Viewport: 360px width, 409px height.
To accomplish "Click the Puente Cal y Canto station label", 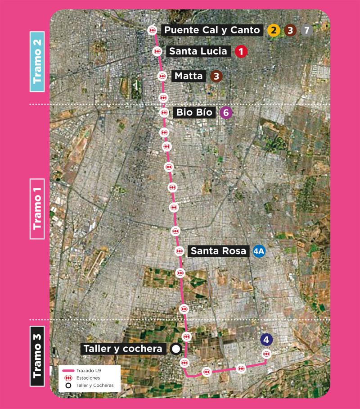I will [x=212, y=30].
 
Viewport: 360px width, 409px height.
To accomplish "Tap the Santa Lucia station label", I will [x=198, y=51].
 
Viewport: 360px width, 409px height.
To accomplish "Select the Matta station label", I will [x=189, y=76].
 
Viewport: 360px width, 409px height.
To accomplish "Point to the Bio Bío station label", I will [x=195, y=112].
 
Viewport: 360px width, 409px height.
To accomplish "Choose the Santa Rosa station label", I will [x=219, y=251].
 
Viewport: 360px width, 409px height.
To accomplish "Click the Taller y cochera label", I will [x=122, y=349].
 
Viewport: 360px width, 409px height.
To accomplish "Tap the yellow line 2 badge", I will [x=273, y=31].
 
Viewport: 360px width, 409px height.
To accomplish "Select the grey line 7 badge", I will [x=307, y=31].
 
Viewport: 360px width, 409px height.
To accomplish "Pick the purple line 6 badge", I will [x=226, y=113].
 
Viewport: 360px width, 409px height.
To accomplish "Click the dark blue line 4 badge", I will [x=266, y=340].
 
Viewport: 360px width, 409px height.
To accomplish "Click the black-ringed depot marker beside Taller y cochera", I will [x=176, y=349].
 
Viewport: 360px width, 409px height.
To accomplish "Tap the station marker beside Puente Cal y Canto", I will [x=153, y=30].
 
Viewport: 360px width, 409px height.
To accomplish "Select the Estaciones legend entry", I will [x=85, y=378].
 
